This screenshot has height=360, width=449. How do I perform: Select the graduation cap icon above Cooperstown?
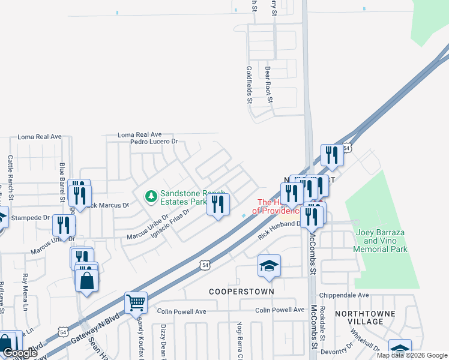pos(269,265)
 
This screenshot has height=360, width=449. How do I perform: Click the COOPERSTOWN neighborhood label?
pos(241,291)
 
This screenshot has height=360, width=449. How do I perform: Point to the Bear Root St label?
pos(268,83)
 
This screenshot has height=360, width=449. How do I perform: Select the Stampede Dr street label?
pos(29,217)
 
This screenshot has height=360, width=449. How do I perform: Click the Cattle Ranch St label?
pos(10,174)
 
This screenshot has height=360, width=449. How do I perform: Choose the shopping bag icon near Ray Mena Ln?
pos(87,280)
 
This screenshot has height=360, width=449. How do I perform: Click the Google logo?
pos(20,353)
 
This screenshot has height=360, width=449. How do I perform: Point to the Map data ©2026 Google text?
pos(412,355)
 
